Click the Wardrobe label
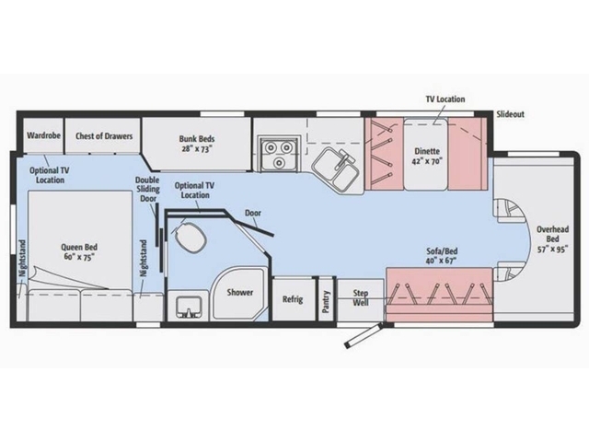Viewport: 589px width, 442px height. pyautogui.click(x=43, y=135)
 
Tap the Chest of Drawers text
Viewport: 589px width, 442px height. pyautogui.click(x=104, y=135)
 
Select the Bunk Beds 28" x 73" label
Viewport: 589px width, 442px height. pyautogui.click(x=196, y=144)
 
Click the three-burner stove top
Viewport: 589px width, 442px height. pyautogui.click(x=279, y=154)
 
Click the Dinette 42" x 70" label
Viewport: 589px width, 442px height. pyautogui.click(x=427, y=156)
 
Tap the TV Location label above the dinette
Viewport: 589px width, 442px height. pyautogui.click(x=445, y=99)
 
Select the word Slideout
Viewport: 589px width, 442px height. pyautogui.click(x=510, y=114)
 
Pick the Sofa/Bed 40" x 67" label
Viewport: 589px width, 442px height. pyautogui.click(x=442, y=256)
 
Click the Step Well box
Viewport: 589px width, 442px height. pyautogui.click(x=360, y=299)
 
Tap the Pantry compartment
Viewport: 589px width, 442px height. pyautogui.click(x=326, y=299)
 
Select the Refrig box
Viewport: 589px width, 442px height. pyautogui.click(x=293, y=299)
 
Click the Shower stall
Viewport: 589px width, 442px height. pyautogui.click(x=239, y=293)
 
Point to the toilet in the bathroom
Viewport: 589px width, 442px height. pyautogui.click(x=191, y=238)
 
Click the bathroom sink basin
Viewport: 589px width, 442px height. pyautogui.click(x=189, y=305)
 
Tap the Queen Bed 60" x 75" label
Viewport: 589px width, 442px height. pyautogui.click(x=79, y=251)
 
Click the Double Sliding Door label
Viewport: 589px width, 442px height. pyautogui.click(x=147, y=189)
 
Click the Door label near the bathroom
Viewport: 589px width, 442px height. pyautogui.click(x=253, y=213)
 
